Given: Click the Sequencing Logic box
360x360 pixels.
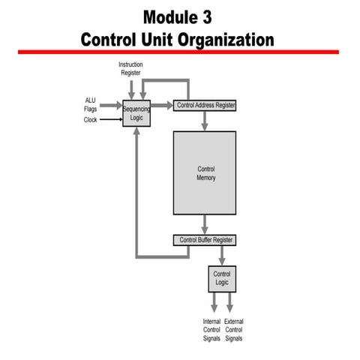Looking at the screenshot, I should tap(136, 113).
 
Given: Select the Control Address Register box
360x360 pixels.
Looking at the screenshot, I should tap(205, 106).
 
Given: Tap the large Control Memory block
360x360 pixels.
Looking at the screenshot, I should tap(205, 173).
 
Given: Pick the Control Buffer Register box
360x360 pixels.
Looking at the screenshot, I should tap(205, 240).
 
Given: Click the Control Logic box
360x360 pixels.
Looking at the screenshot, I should tap(221, 278).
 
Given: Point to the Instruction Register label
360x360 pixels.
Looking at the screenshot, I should tap(130, 68).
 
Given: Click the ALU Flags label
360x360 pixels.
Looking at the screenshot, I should tap(91, 104).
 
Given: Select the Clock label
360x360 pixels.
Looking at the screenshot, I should tap(91, 120).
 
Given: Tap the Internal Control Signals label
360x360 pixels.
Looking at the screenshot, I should tap(211, 330).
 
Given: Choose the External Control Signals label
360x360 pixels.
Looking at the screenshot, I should tap(233, 330).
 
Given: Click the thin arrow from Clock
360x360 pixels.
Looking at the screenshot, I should tap(111, 119).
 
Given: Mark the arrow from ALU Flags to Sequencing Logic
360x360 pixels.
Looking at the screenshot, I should tap(111, 106).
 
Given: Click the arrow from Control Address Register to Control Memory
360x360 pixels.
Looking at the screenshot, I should tap(205, 121).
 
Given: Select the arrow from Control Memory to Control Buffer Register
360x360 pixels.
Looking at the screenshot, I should tap(205, 224).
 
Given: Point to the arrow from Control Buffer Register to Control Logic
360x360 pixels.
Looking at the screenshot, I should tap(221, 255).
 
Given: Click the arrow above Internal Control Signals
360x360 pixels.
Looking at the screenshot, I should tap(214, 302).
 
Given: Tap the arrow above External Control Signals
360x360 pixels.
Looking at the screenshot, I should tap(229, 302).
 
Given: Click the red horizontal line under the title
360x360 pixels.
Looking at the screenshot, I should tap(180, 52).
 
